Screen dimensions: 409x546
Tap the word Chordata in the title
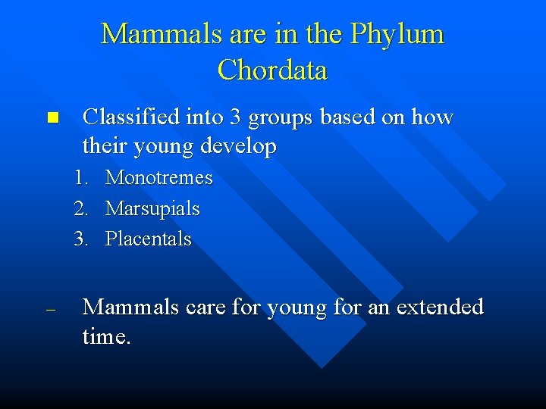272,70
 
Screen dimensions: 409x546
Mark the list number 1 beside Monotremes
80,179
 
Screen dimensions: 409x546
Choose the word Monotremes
159,179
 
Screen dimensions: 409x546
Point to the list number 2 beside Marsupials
80,209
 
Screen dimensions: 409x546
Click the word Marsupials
152,209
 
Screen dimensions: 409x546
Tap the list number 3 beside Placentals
80,239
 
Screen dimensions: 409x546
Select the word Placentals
149,239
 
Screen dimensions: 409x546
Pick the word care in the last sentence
202,308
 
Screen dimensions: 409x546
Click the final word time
106,337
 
